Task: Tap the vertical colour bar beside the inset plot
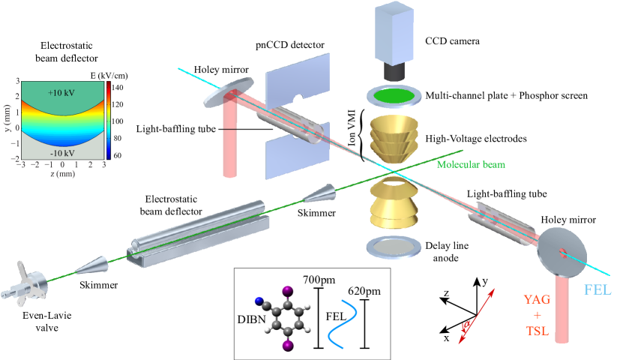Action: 109,120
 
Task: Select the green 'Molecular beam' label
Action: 470,163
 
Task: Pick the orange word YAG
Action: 537,299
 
